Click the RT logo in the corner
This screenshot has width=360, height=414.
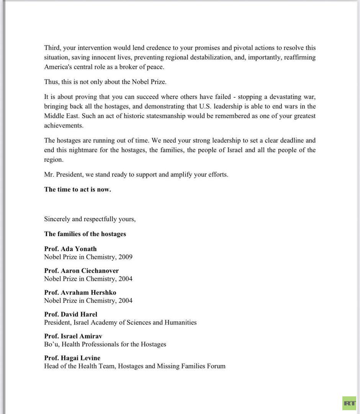349,403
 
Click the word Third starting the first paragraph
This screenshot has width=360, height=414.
52,48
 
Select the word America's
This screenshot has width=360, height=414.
58,67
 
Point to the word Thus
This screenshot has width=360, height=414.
51,82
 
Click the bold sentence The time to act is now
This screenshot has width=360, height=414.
77,189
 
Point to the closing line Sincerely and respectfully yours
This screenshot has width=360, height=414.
90,219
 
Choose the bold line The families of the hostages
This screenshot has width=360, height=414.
85,234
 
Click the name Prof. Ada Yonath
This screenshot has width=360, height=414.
70,249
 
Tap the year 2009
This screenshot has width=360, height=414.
125,257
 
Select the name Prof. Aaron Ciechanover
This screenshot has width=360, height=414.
82,271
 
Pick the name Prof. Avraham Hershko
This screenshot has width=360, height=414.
80,293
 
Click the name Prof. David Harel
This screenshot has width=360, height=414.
70,315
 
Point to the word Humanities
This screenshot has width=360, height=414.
180,323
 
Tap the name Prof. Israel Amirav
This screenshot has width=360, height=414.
73,337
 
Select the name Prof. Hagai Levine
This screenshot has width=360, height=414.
72,358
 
